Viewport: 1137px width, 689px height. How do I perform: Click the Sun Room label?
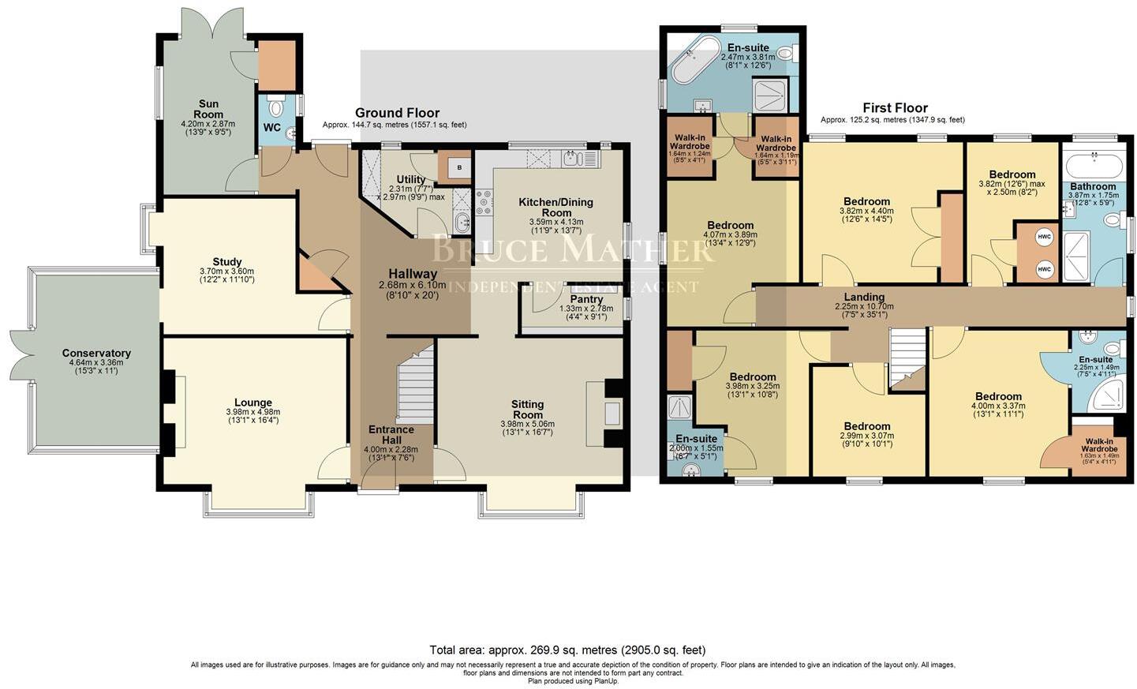[x=208, y=109]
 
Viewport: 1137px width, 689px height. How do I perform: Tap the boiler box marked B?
[x=460, y=167]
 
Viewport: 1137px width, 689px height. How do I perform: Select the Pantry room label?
[x=586, y=299]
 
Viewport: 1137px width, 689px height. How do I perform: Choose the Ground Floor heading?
[x=397, y=113]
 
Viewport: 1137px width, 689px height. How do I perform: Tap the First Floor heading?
[x=895, y=108]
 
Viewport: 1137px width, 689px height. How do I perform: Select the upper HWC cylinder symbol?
[x=1045, y=237]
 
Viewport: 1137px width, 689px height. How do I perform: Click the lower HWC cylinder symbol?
[x=1045, y=269]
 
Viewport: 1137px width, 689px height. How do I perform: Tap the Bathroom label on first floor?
[x=1093, y=186]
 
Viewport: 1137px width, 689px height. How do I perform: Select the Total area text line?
[x=567, y=650]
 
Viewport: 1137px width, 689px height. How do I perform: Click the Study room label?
[x=227, y=262]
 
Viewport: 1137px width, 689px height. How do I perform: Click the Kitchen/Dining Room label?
[x=555, y=207]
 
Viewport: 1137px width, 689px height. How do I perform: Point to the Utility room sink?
[x=462, y=221]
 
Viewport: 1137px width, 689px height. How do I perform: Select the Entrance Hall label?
[x=391, y=435]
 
